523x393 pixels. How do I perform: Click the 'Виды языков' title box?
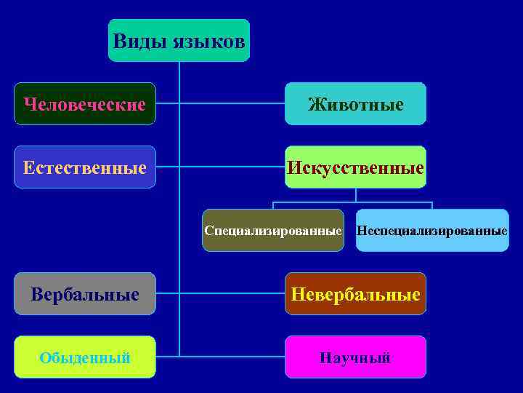(179, 41)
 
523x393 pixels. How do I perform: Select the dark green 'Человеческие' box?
(85, 104)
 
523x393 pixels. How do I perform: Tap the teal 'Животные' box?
(355, 104)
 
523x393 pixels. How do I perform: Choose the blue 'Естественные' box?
(85, 167)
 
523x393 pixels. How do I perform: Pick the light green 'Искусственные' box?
(355, 167)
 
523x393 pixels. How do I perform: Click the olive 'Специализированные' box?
(272, 230)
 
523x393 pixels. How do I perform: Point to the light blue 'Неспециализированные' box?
(432, 230)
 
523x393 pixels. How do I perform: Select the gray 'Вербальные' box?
(85, 294)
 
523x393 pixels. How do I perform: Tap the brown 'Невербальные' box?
(355, 294)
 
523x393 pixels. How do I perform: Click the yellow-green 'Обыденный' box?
(85, 357)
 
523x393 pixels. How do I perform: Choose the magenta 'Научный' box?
(355, 357)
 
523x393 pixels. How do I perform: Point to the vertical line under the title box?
(179, 218)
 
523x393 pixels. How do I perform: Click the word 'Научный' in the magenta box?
(355, 357)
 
